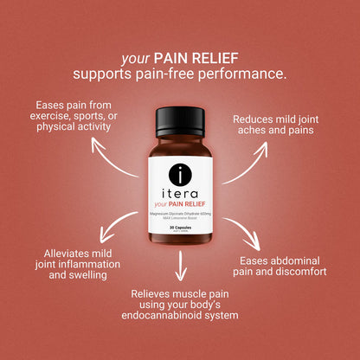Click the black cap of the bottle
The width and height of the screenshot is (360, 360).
179,118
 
